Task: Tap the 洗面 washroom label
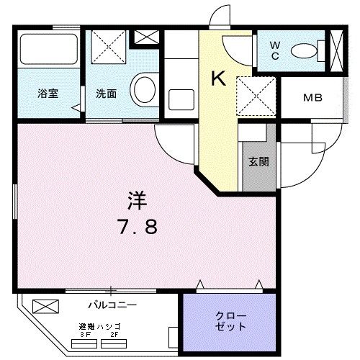[106, 93]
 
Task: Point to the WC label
[275, 52]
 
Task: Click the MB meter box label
[312, 98]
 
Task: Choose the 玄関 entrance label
[259, 162]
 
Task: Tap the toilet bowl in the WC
[308, 51]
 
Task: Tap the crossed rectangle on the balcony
[42, 307]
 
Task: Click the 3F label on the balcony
[85, 333]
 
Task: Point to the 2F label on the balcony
[114, 333]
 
